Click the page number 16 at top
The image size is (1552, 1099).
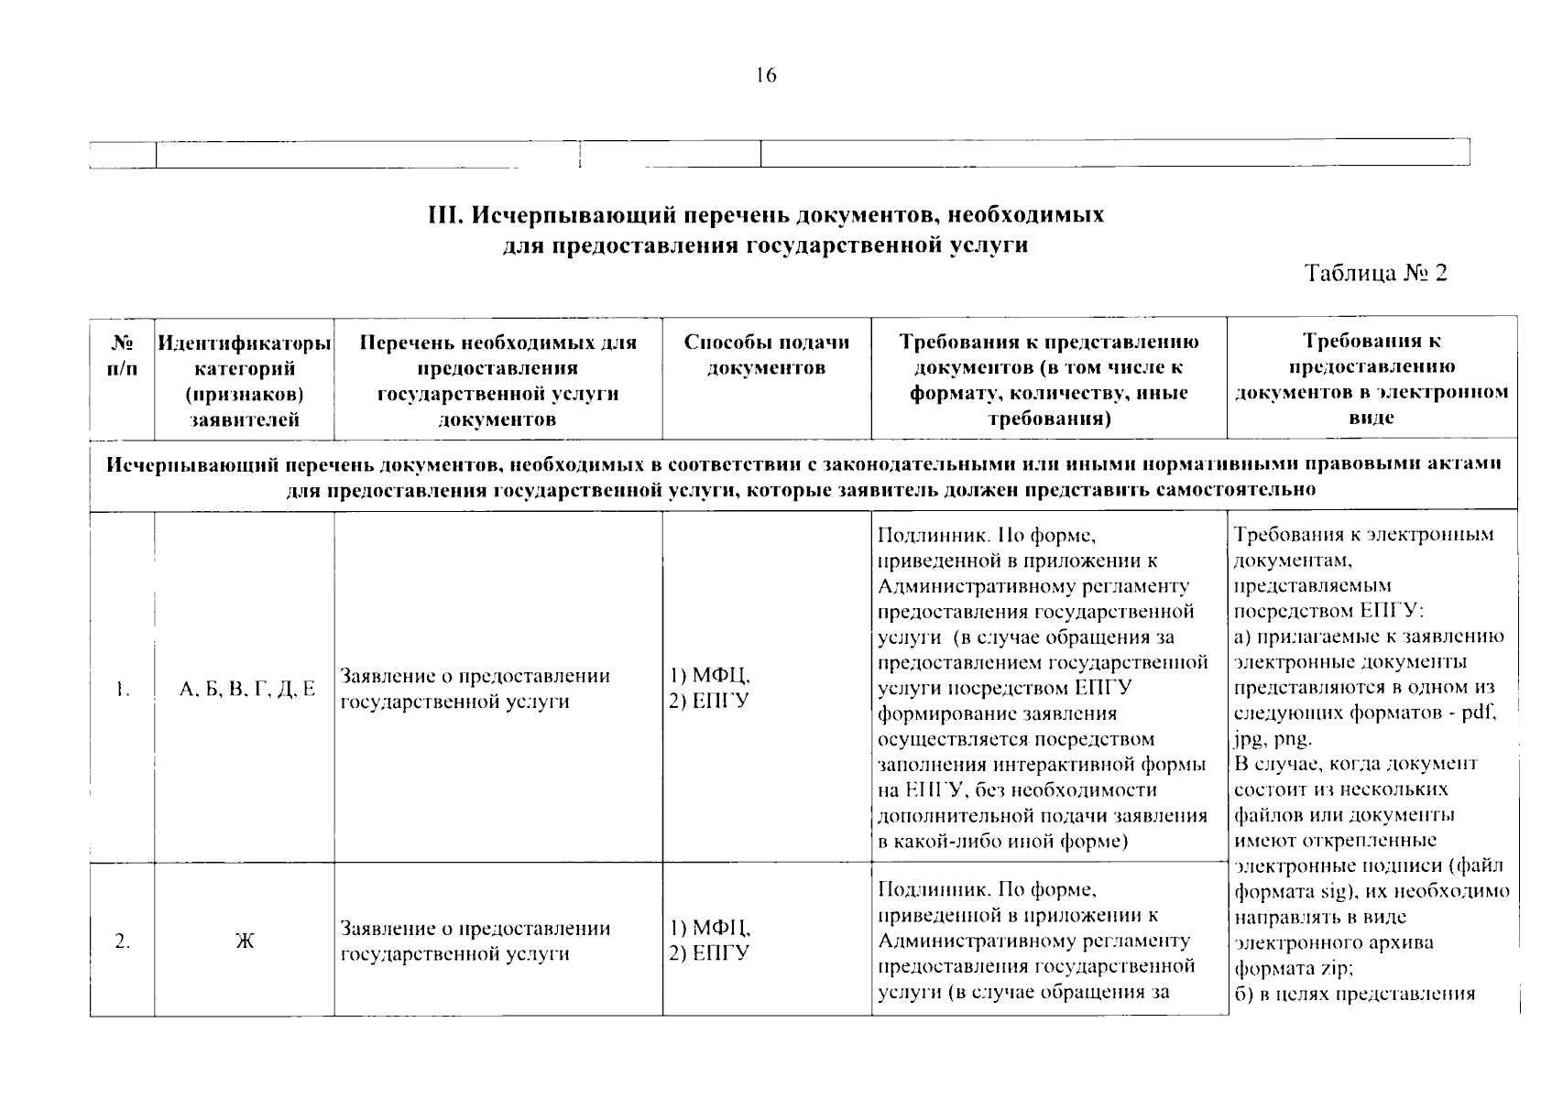(x=766, y=76)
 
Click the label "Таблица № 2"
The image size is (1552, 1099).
(x=1376, y=273)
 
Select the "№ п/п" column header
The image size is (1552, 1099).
(x=123, y=355)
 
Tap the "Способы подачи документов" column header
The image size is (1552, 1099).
(x=767, y=355)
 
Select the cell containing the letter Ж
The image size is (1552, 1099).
(x=245, y=941)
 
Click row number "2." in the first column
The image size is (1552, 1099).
(x=123, y=941)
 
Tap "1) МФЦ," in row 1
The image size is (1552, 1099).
(x=711, y=677)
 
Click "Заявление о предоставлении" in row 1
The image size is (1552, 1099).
(x=475, y=677)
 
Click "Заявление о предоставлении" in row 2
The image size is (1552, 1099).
(x=475, y=929)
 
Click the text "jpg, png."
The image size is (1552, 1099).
(x=1273, y=738)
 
